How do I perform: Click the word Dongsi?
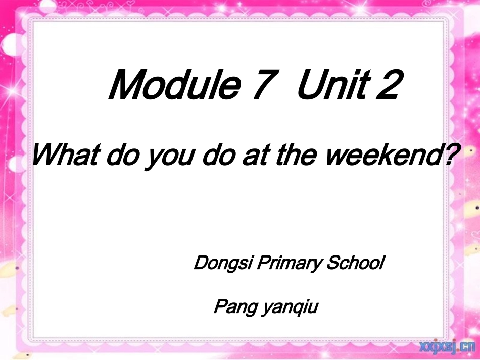222,264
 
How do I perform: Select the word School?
356,263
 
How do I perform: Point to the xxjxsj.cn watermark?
447,347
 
